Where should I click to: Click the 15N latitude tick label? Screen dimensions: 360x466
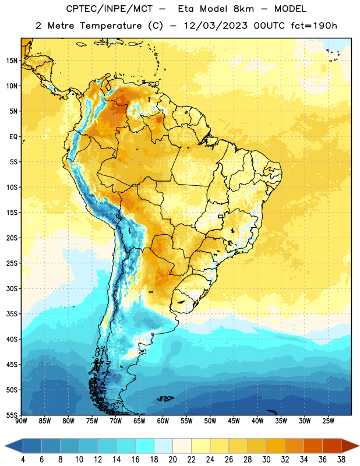pos(12,61)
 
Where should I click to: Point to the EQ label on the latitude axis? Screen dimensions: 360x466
pos(13,137)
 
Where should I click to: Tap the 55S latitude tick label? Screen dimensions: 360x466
pos(12,415)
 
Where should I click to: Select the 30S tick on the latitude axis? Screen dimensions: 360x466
pos(12,288)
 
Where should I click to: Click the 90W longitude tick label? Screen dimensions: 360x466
pos(21,421)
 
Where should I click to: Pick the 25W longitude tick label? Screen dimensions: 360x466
pos(328,421)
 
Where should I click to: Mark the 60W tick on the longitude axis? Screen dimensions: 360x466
pos(163,421)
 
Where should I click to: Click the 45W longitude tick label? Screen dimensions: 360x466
pos(234,421)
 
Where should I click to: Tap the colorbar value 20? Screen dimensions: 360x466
pos(172,460)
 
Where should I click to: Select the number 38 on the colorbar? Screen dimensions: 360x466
pos(341,460)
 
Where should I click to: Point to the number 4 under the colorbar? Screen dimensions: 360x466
pos(23,460)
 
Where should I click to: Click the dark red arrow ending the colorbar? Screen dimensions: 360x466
pos(350,446)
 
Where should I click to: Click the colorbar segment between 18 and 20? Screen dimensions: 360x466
pos(163,446)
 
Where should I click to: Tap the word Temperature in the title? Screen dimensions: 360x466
pos(111,26)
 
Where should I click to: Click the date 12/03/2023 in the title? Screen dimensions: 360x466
pos(215,26)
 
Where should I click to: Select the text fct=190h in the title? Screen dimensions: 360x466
pos(314,26)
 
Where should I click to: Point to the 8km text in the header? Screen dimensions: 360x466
pos(243,9)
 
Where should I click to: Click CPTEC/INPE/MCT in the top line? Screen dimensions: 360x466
pos(109,9)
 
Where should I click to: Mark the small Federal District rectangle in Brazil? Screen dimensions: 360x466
pos(221,216)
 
